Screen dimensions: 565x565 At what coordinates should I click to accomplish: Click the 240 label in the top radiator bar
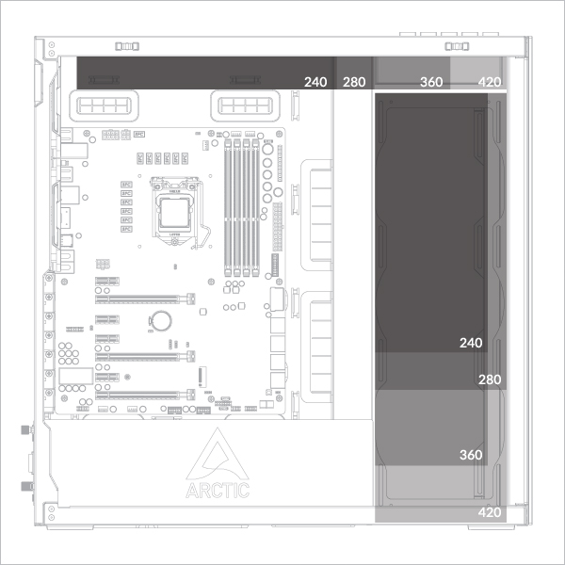point(315,83)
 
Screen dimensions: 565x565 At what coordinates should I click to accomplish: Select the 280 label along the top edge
point(354,83)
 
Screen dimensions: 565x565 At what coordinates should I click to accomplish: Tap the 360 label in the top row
point(430,83)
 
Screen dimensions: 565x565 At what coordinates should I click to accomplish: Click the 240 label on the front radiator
point(470,343)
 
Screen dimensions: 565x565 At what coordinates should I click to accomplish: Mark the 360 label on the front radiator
point(470,455)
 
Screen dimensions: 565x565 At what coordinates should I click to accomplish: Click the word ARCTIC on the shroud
point(218,490)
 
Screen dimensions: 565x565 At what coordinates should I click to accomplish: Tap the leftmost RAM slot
point(227,207)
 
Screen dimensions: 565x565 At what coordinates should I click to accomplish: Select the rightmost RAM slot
point(254,207)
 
